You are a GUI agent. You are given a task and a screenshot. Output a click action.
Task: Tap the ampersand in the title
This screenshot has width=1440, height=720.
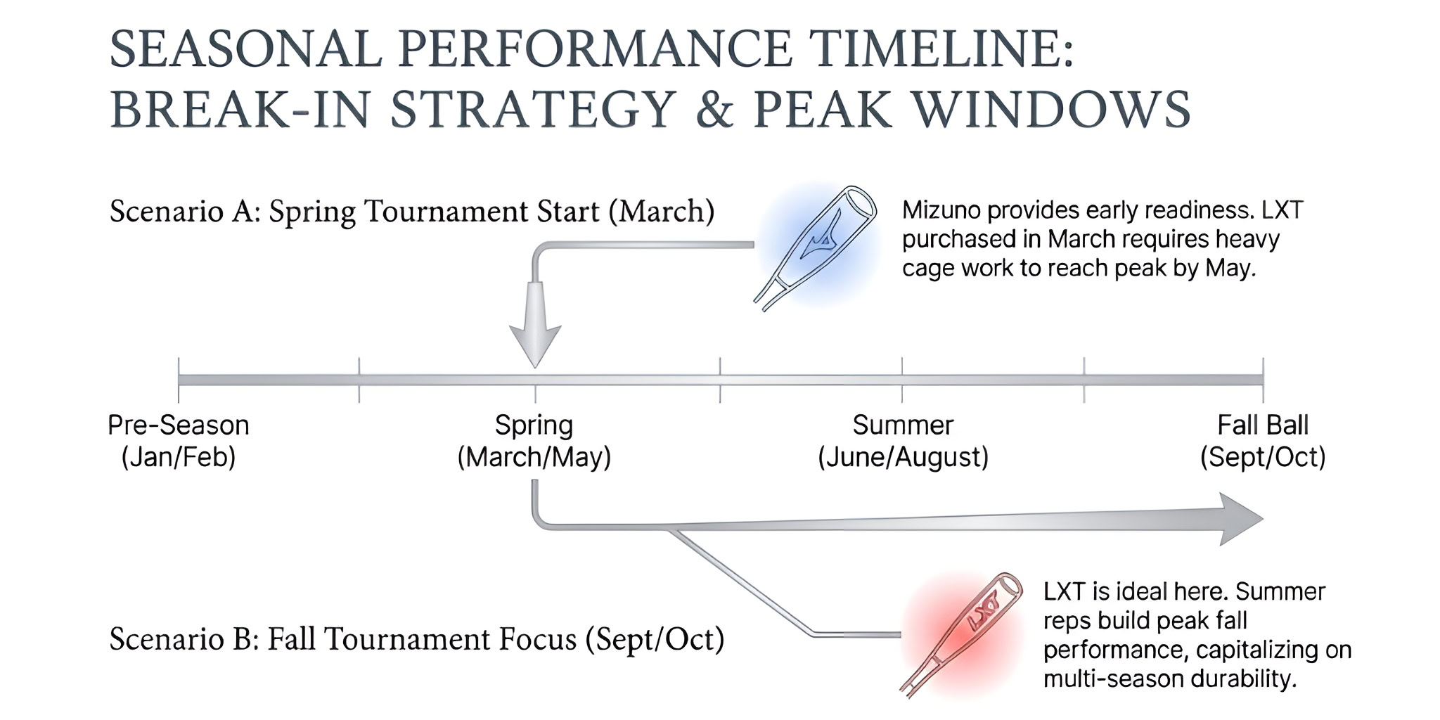(715, 110)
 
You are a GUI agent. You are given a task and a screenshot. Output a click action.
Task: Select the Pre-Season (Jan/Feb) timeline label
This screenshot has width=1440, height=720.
(179, 441)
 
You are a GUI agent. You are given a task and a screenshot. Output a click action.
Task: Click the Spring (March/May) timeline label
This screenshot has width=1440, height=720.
(534, 441)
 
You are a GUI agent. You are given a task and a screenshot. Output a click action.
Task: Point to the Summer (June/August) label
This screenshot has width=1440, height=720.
(903, 441)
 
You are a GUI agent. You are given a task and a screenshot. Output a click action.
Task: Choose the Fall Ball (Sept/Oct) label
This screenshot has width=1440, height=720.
(1263, 441)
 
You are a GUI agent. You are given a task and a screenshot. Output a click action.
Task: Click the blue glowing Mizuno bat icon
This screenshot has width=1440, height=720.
(816, 247)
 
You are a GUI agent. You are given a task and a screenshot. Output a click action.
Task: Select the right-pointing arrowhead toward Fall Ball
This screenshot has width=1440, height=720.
(1242, 519)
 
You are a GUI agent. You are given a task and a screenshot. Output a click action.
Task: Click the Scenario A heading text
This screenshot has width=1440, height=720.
(412, 211)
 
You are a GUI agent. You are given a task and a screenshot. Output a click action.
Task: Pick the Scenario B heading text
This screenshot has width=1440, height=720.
(417, 639)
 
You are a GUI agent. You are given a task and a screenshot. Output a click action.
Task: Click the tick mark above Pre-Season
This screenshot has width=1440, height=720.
(179, 380)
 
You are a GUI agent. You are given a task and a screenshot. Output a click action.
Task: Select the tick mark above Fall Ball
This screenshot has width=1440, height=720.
(1263, 380)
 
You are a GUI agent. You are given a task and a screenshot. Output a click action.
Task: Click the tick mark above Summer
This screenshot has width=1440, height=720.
(902, 380)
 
